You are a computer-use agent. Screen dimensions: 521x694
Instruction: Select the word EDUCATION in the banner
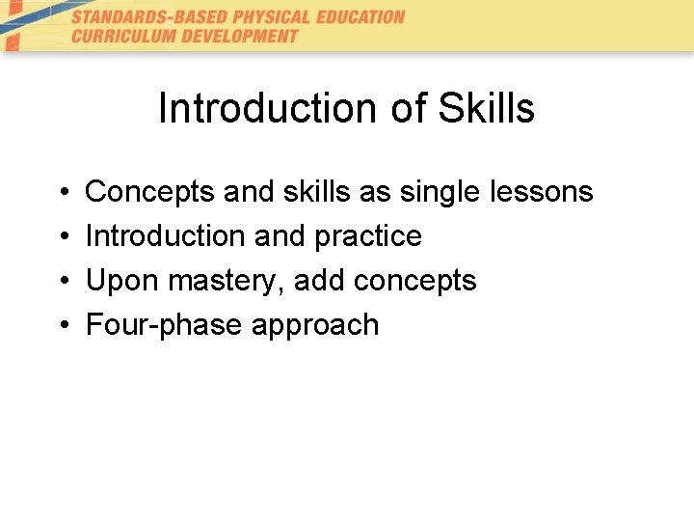click(359, 16)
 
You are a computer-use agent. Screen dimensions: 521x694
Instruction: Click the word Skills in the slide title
click(486, 109)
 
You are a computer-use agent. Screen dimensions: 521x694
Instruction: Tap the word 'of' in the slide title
click(409, 109)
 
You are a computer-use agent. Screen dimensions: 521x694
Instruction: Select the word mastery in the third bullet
click(227, 281)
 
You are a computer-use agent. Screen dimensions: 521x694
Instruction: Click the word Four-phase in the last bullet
click(165, 325)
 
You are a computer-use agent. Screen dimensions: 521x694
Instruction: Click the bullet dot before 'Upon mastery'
click(61, 282)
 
